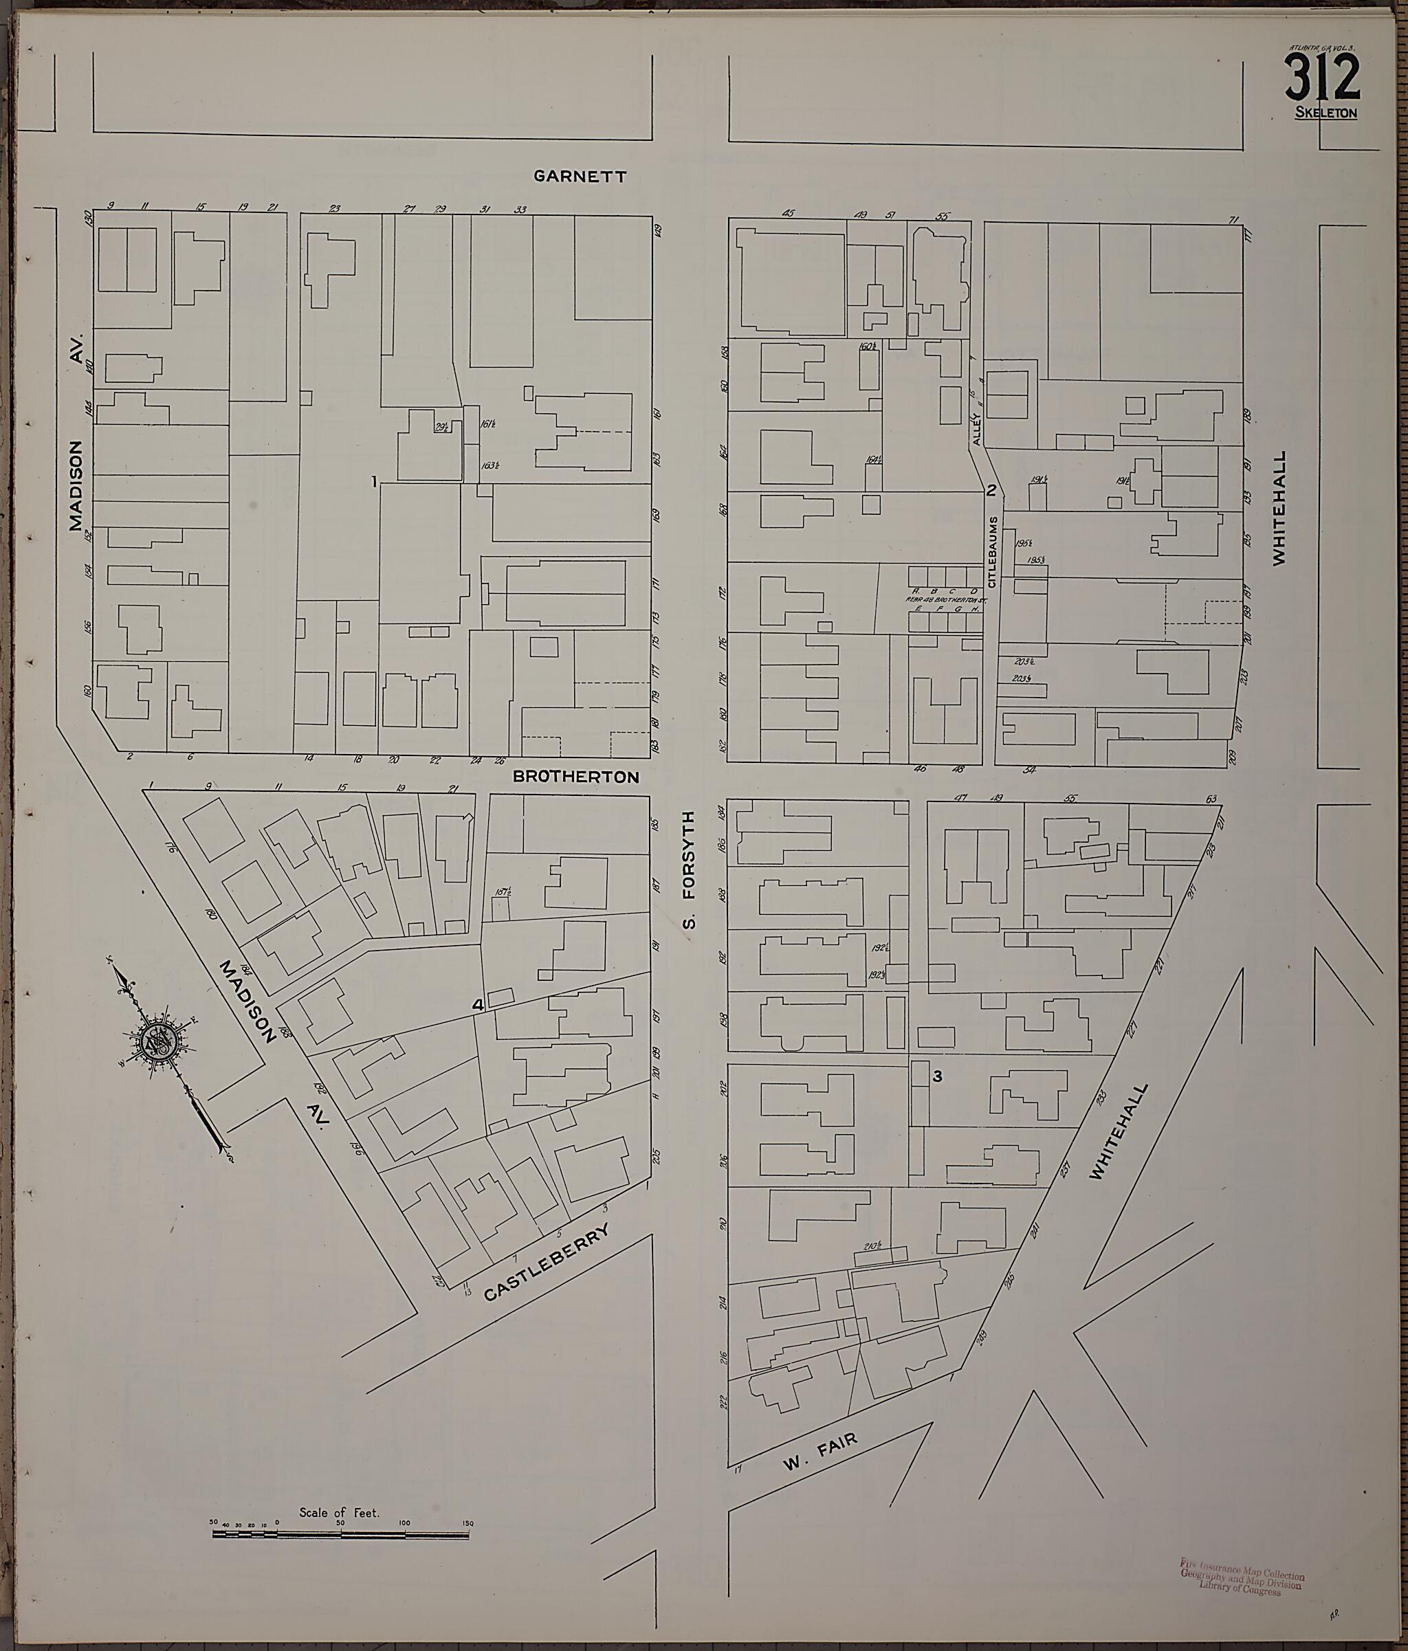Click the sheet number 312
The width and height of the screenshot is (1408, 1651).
click(x=1322, y=76)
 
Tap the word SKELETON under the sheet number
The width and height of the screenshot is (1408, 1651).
click(x=1326, y=113)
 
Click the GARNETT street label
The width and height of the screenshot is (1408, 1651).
click(x=580, y=176)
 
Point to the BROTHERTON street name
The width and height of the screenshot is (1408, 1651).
click(x=575, y=776)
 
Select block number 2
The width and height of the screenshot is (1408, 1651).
click(x=992, y=490)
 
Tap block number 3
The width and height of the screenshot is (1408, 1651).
click(x=938, y=1077)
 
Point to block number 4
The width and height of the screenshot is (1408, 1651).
click(x=477, y=1006)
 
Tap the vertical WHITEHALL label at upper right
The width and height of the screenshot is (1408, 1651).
click(x=1279, y=509)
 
